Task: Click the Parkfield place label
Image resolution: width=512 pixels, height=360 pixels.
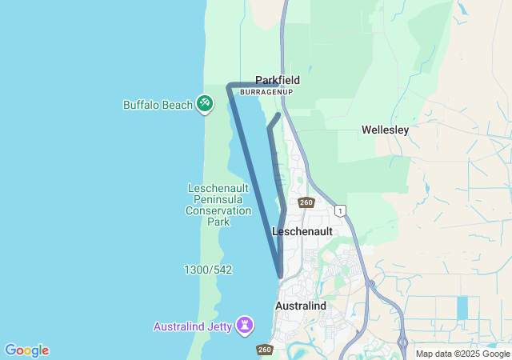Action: pyautogui.click(x=278, y=80)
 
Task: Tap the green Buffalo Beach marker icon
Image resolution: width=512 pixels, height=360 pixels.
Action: pyautogui.click(x=204, y=104)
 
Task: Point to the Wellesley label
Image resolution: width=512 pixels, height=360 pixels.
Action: pyautogui.click(x=385, y=130)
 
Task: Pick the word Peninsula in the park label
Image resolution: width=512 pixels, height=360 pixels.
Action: pyautogui.click(x=218, y=199)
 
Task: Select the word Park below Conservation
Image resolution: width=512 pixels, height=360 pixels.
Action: pyautogui.click(x=218, y=222)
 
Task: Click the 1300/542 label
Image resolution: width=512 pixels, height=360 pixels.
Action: pyautogui.click(x=207, y=270)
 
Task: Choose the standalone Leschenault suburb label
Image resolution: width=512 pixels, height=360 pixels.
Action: pyautogui.click(x=302, y=230)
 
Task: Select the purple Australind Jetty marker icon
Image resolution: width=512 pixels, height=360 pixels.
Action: pyautogui.click(x=245, y=326)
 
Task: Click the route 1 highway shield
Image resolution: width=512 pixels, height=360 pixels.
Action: pyautogui.click(x=342, y=210)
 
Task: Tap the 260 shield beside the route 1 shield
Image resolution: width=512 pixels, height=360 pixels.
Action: pyautogui.click(x=306, y=202)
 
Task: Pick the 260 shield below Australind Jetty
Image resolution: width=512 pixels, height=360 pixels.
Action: pyautogui.click(x=265, y=350)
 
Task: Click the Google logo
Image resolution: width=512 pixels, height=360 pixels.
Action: pyautogui.click(x=26, y=350)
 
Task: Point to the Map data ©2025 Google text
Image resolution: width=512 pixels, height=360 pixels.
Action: pyautogui.click(x=462, y=354)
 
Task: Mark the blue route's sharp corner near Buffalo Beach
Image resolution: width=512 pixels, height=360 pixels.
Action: pyautogui.click(x=230, y=86)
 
